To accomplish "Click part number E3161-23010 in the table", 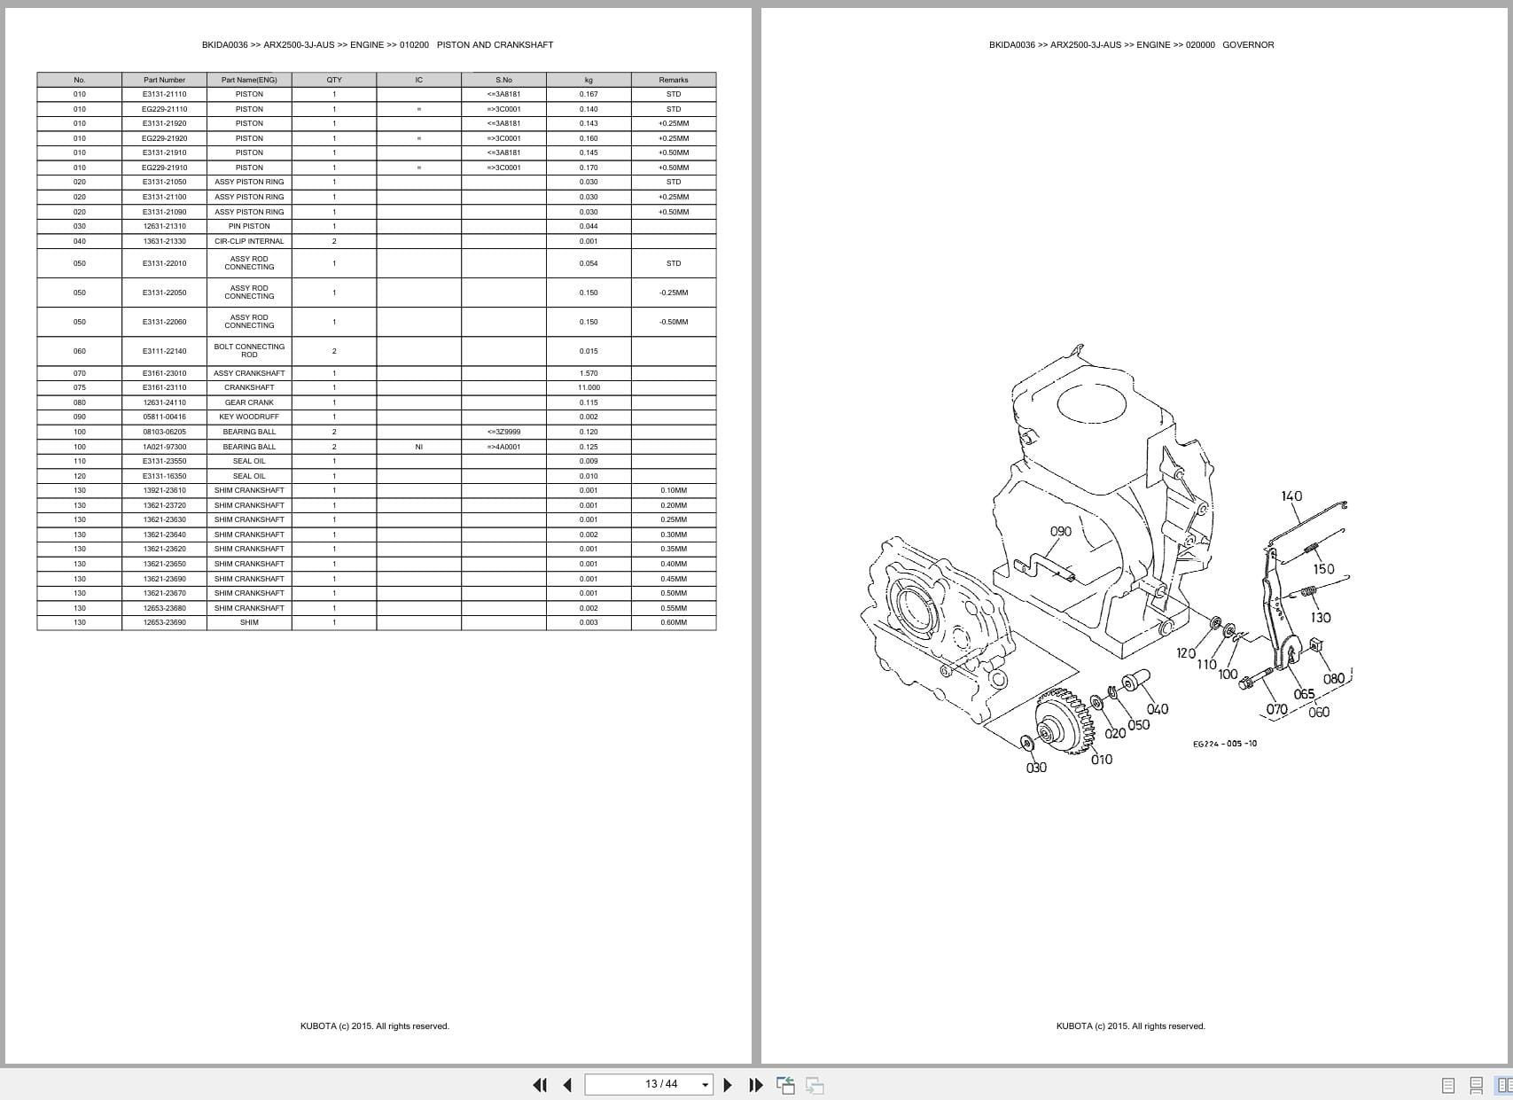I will [164, 373].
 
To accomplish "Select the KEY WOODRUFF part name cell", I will [249, 417].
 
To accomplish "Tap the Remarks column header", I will [673, 80].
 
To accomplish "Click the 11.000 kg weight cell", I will [589, 387].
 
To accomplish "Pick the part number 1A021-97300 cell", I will [164, 447].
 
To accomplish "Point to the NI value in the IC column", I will [418, 447].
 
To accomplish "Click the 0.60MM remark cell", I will [673, 622].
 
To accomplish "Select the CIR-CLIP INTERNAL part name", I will [249, 241].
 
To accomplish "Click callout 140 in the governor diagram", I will [1291, 496].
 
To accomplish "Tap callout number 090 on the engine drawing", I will [1060, 532].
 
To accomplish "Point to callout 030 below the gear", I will [1036, 768].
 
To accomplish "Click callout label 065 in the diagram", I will [1304, 694].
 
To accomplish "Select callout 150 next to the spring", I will [1323, 569].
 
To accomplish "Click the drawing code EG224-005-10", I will [1224, 744].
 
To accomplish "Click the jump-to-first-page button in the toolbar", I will [539, 1085].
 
